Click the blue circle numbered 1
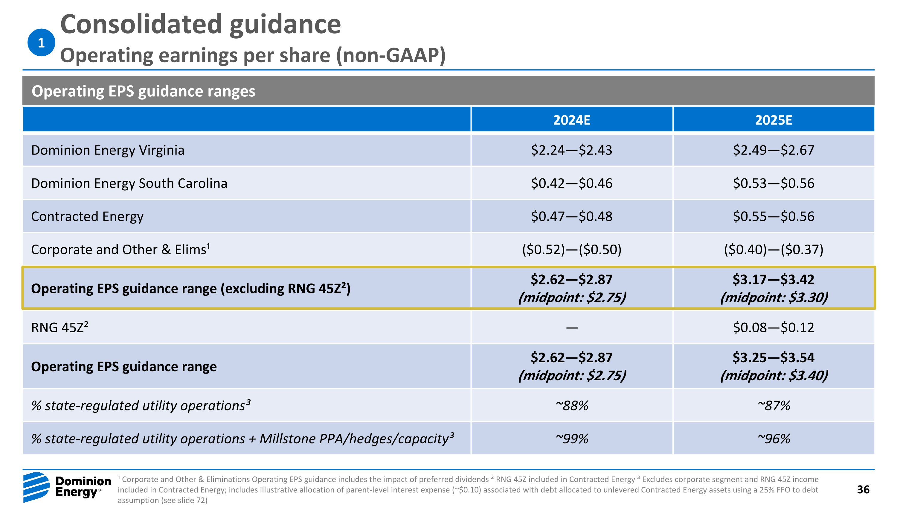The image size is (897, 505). click(41, 43)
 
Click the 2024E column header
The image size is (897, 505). click(571, 120)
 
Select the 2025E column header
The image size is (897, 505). click(774, 120)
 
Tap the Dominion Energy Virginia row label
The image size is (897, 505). click(108, 150)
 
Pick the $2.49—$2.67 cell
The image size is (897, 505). click(774, 150)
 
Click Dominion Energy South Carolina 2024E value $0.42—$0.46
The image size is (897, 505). click(571, 183)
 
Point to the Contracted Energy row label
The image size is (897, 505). click(87, 216)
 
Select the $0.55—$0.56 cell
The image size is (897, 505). click(774, 216)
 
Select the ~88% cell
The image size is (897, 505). click(571, 406)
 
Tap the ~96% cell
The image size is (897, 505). click(774, 439)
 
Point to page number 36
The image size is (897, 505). click(863, 490)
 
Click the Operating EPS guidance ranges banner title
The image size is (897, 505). click(143, 91)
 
